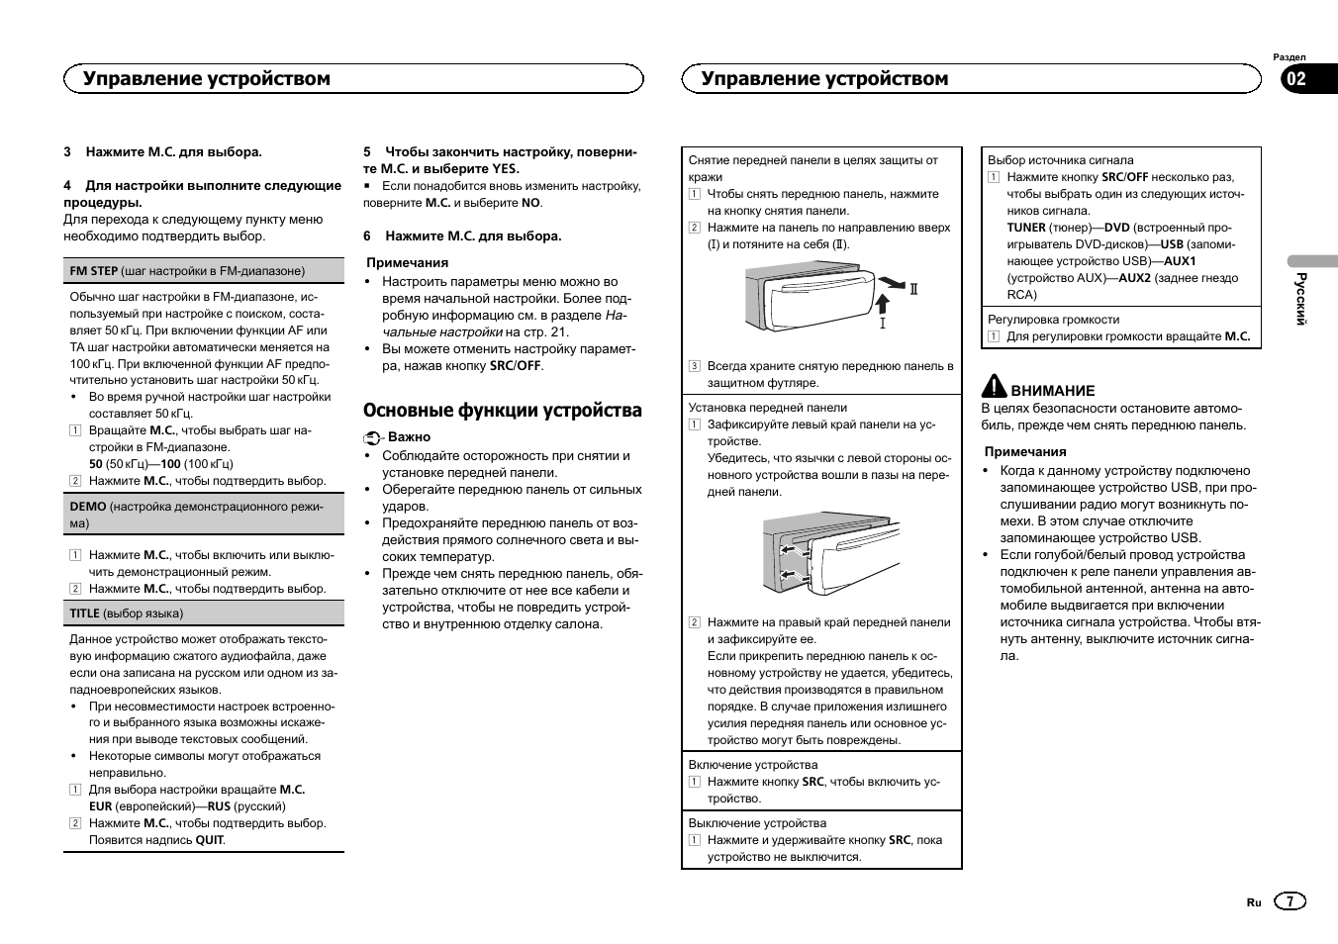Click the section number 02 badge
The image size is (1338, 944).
pyautogui.click(x=1296, y=80)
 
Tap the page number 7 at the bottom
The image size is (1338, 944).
pyautogui.click(x=1290, y=901)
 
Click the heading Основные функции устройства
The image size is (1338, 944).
pyautogui.click(x=502, y=411)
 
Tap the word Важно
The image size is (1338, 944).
pyautogui.click(x=409, y=437)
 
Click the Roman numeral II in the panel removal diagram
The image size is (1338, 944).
pyautogui.click(x=914, y=289)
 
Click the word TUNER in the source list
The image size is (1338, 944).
pyautogui.click(x=1026, y=228)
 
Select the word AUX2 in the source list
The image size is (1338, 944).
pyautogui.click(x=1135, y=278)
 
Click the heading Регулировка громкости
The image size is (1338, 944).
pyautogui.click(x=1053, y=320)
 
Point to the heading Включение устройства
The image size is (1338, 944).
pyautogui.click(x=753, y=765)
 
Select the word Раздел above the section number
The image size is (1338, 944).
pyautogui.click(x=1289, y=57)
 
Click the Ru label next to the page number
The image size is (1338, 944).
pyautogui.click(x=1254, y=902)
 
